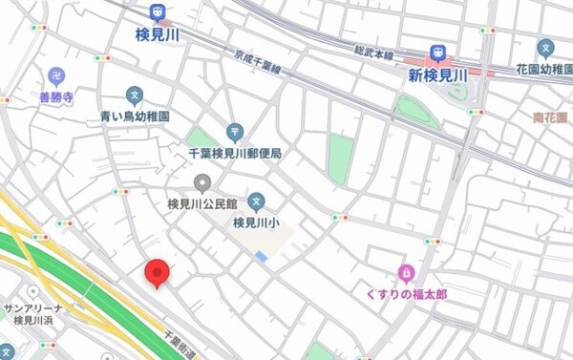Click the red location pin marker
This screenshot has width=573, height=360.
coord(158,274)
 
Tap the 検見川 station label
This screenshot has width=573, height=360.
coord(157,33)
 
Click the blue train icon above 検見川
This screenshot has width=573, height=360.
coord(157,13)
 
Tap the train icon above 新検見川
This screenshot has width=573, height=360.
coord(439,53)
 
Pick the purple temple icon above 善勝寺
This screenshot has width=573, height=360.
coord(56,76)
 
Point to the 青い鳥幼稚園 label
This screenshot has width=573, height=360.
coord(135,116)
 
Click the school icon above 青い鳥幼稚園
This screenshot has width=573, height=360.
coord(135,95)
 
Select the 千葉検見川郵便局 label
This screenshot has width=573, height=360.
coord(234,153)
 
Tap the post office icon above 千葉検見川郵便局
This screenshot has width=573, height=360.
coord(234,132)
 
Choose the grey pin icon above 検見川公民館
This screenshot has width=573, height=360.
coord(202,182)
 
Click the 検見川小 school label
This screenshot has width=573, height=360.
coord(256,223)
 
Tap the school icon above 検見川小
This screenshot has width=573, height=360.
coord(256,201)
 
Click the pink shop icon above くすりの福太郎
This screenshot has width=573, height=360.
coord(406,274)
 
